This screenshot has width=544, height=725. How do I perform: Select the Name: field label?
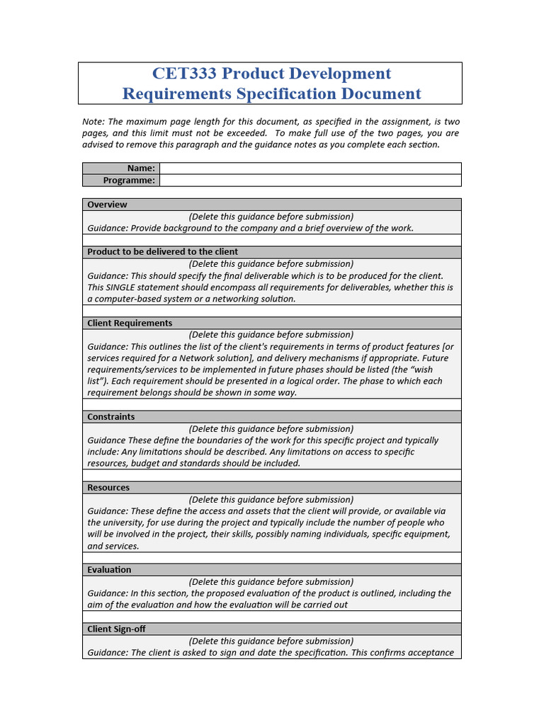coord(141,169)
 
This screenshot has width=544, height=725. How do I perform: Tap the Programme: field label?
coord(129,181)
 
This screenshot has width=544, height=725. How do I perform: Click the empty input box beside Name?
coord(310,169)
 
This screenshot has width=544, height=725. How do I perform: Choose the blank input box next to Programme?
coord(310,181)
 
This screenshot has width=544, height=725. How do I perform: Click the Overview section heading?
coord(107,205)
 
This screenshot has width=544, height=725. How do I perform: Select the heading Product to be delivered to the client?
coord(162,252)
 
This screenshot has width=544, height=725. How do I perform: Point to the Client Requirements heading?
coord(130,323)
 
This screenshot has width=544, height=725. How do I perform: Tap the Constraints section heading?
coord(110,417)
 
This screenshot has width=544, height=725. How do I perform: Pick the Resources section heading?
coord(108,488)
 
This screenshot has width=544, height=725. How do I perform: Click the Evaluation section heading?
coord(109,570)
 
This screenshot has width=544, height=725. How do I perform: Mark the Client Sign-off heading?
coord(116,629)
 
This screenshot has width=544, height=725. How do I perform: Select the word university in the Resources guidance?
coord(128,523)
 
